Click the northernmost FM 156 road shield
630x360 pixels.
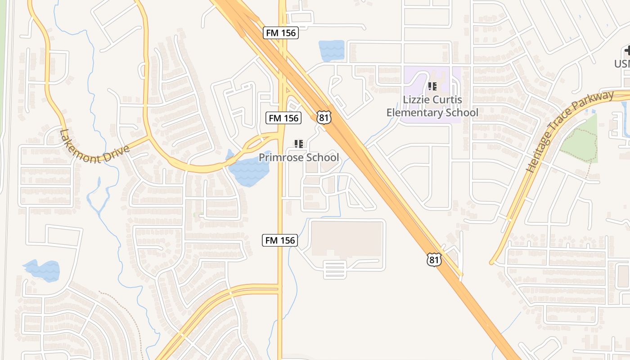point(281,33)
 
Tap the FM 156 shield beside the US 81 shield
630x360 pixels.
point(283,118)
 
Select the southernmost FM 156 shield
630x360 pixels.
point(280,240)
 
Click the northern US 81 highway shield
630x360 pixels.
point(324,117)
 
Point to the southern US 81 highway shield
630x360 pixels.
point(434,260)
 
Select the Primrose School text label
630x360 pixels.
point(299,157)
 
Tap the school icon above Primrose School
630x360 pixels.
point(299,144)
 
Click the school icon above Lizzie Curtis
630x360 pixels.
point(432,86)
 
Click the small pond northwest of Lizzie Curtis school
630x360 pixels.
point(331,50)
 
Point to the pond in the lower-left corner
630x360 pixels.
point(42,270)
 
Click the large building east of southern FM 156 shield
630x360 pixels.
point(346,238)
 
